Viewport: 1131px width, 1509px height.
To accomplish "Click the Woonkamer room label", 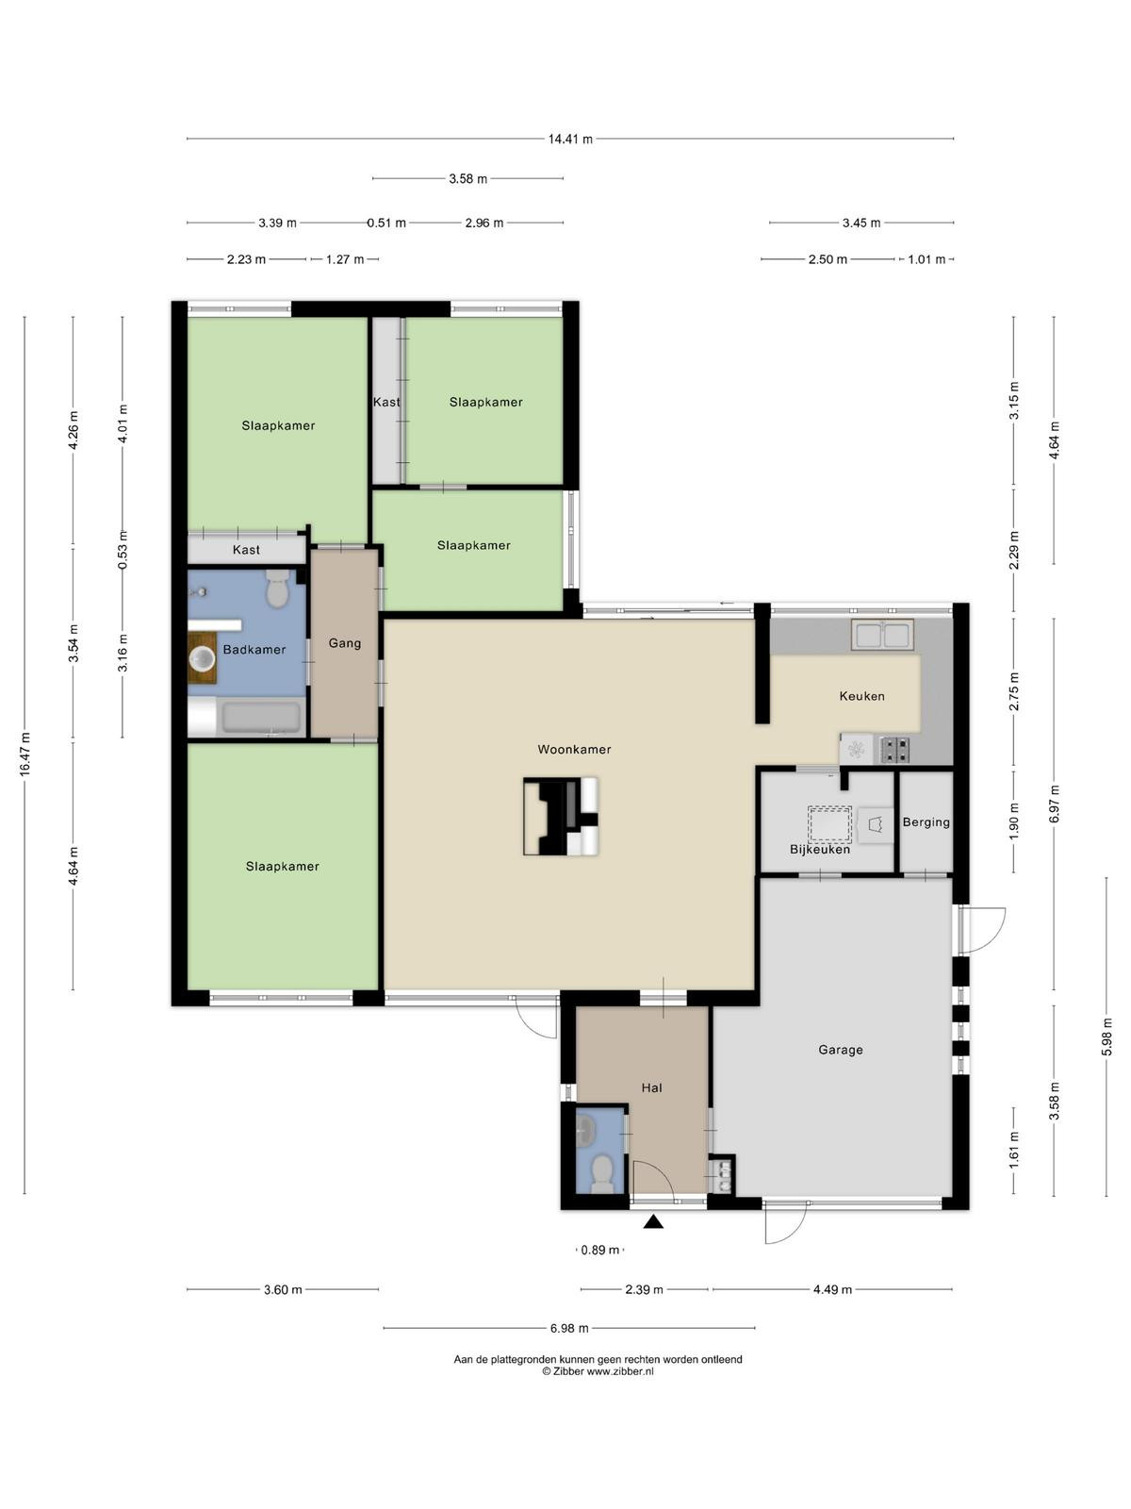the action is tap(574, 750).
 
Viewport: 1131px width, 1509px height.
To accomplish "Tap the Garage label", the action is tap(841, 1050).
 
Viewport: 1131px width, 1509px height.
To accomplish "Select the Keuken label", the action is tap(861, 696).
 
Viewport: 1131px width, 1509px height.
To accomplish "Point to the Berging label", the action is tap(926, 822).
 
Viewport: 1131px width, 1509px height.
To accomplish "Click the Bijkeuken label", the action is tap(820, 849).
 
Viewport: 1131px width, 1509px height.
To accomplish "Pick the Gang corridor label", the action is tap(345, 643).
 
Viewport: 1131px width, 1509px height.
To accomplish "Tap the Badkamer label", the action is tap(254, 650).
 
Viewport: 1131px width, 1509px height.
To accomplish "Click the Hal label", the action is tap(651, 1087).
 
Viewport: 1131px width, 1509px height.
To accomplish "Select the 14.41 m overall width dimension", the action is tap(570, 139).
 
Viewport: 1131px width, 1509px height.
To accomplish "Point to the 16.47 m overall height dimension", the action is tap(25, 754).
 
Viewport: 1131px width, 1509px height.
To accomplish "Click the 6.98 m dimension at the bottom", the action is tap(569, 1328).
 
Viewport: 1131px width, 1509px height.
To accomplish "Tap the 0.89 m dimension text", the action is tap(600, 1250).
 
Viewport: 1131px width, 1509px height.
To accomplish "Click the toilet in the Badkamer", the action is tap(277, 589).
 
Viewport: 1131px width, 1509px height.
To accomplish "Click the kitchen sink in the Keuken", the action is tap(882, 635).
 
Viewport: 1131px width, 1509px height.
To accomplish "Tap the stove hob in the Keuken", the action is tap(894, 750).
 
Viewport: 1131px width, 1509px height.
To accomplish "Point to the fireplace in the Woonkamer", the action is tap(561, 817).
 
